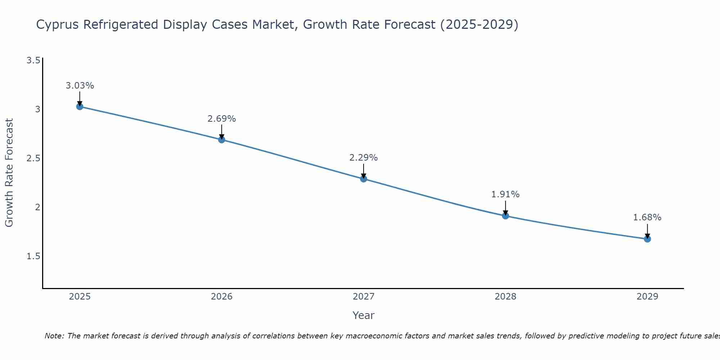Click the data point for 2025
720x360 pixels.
(80, 107)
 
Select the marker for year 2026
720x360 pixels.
(222, 140)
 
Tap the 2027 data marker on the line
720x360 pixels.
(364, 179)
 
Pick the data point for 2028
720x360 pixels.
(505, 216)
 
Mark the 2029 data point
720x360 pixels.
(647, 239)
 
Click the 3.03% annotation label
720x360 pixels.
(80, 86)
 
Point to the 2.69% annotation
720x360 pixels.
(222, 119)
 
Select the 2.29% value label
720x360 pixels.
(364, 158)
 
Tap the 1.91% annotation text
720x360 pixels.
(505, 194)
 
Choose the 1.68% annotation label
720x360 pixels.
(647, 217)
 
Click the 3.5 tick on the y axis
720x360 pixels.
(33, 60)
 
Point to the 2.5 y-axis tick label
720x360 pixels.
(33, 158)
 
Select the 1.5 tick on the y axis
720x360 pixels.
(33, 256)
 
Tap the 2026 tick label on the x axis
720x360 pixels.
(222, 297)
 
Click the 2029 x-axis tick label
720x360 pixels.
(647, 297)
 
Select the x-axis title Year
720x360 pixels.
(364, 315)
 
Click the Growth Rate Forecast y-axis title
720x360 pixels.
(9, 173)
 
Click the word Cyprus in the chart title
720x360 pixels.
(58, 25)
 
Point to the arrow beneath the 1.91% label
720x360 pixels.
(505, 207)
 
